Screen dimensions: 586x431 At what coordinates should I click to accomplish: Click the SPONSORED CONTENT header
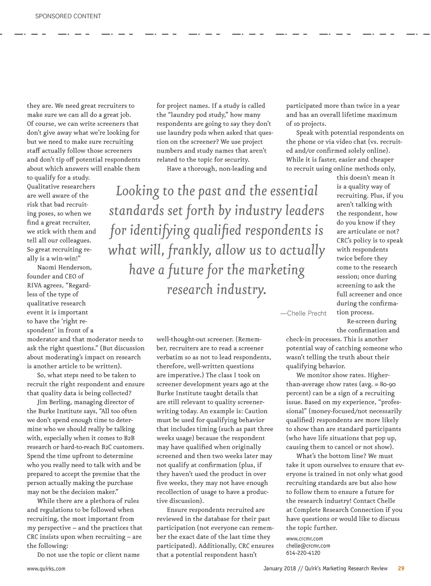point(68,16)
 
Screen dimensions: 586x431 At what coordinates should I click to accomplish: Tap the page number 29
point(401,568)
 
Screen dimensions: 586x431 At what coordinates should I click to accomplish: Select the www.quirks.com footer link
point(46,568)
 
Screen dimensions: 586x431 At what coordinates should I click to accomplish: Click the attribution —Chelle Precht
point(303,313)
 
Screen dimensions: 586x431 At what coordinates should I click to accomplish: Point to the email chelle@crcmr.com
point(308,545)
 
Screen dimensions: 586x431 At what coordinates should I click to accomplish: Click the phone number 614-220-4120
point(303,553)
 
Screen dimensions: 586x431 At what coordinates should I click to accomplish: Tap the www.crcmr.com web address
point(304,538)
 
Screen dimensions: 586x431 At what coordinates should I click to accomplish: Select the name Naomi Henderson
point(65,267)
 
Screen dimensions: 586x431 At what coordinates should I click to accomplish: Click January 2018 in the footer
point(280,568)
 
